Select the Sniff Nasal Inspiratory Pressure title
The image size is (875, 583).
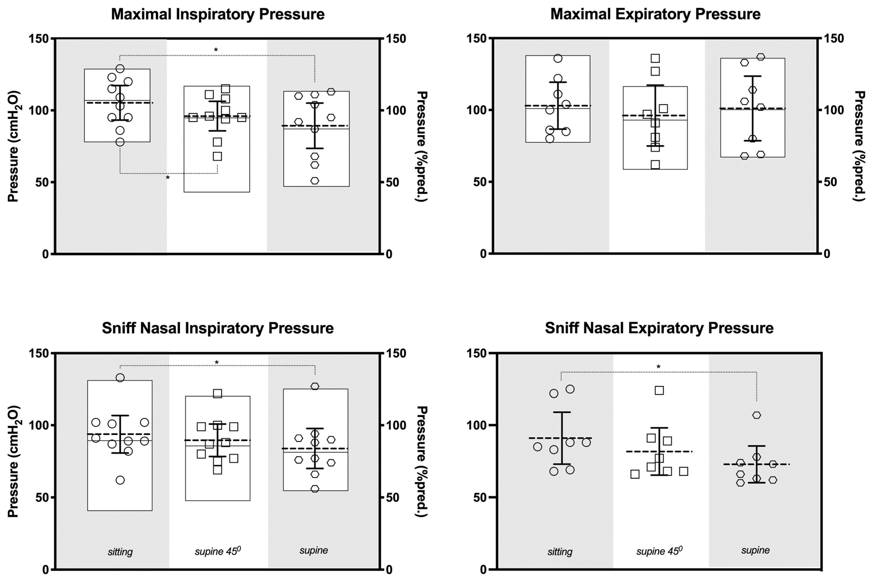pyautogui.click(x=218, y=328)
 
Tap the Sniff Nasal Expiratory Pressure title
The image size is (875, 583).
pyautogui.click(x=659, y=328)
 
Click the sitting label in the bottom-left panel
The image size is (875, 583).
pyautogui.click(x=120, y=552)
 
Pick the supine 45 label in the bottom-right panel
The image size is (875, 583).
pyautogui.click(x=659, y=551)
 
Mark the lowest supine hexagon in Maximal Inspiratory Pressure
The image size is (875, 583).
pyautogui.click(x=315, y=181)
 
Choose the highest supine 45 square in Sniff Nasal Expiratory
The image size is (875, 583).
pyautogui.click(x=659, y=390)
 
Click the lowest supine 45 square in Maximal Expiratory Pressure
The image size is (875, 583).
pyautogui.click(x=655, y=165)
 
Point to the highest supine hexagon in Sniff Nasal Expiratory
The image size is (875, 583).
pyautogui.click(x=757, y=415)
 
